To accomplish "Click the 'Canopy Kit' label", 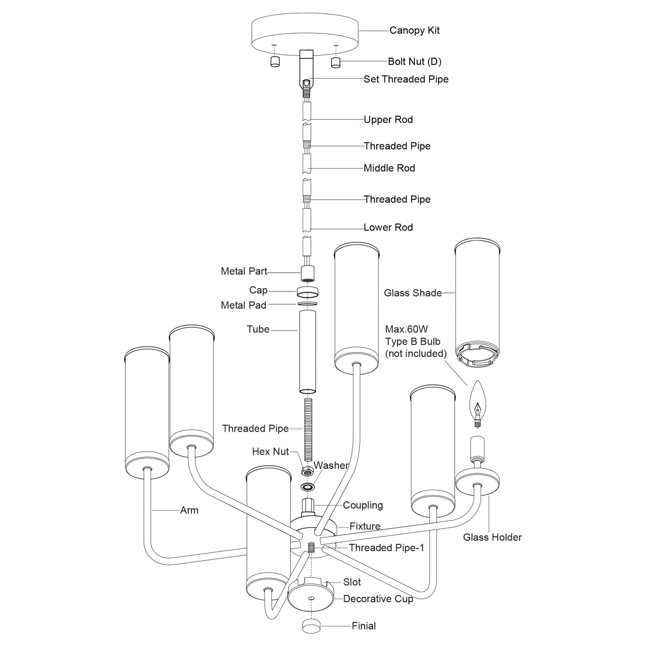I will [x=414, y=31].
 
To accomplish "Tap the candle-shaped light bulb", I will [x=477, y=403].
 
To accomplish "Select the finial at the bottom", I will [x=311, y=626].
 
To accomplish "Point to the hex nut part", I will [x=307, y=471].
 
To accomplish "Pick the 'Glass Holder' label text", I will [x=492, y=537].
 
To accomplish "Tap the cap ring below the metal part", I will [x=307, y=291].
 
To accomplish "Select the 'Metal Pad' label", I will [x=243, y=305].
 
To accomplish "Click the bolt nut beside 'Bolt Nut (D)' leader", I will [x=335, y=62].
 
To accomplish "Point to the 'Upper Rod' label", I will [x=388, y=120].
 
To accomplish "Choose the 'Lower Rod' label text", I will [x=388, y=227].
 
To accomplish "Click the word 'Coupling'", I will [x=363, y=505].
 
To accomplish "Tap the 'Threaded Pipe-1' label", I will [x=386, y=548].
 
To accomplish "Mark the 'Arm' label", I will [x=189, y=510].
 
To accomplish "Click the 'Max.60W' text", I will [x=406, y=329].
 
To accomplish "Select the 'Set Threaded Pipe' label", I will [x=406, y=79].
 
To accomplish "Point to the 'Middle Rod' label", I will [x=389, y=168].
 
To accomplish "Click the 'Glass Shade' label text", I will [x=413, y=293].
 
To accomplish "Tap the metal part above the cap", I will [x=307, y=273].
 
